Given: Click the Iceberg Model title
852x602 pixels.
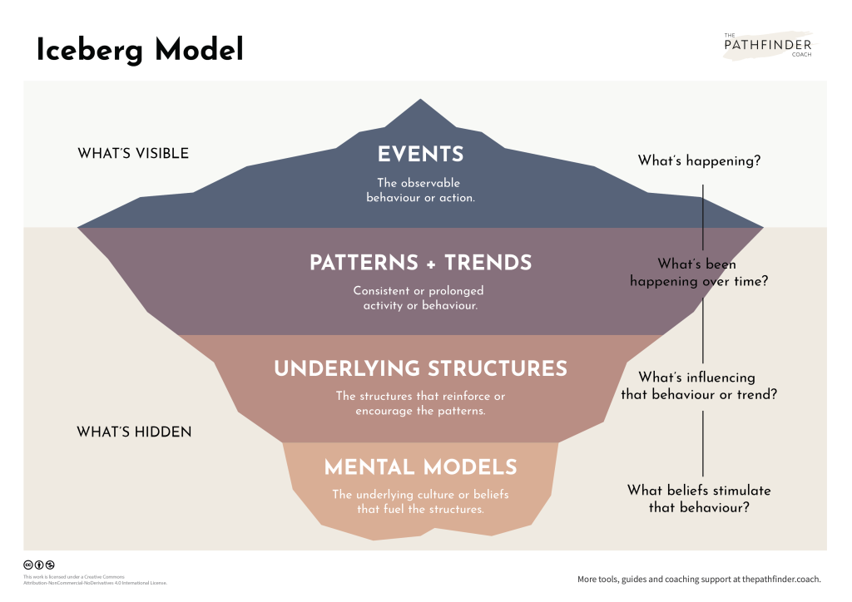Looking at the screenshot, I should pyautogui.click(x=140, y=51).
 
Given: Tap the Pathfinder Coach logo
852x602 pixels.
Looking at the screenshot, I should pyautogui.click(x=767, y=45).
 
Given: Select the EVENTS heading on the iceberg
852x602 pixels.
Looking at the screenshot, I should pyautogui.click(x=420, y=155).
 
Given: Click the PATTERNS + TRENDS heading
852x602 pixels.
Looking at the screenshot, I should pyautogui.click(x=420, y=263).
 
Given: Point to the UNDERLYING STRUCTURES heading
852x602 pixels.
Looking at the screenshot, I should pyautogui.click(x=420, y=368).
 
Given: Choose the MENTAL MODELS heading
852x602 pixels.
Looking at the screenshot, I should pyautogui.click(x=420, y=467).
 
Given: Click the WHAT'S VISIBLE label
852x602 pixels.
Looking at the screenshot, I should pyautogui.click(x=133, y=153).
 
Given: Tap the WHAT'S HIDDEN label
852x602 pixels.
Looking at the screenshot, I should pyautogui.click(x=134, y=432).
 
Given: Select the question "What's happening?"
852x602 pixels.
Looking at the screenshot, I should pyautogui.click(x=699, y=160).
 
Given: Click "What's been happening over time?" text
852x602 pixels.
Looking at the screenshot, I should pyautogui.click(x=699, y=273).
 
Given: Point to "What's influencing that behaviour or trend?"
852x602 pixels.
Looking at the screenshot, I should pyautogui.click(x=699, y=386).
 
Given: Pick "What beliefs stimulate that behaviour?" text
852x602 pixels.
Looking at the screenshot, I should pyautogui.click(x=699, y=498).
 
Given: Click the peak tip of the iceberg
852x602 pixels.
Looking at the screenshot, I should pyautogui.click(x=421, y=101).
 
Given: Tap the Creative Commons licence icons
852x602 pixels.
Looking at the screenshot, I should pyautogui.click(x=39, y=565).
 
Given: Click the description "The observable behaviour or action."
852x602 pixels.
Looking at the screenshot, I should pyautogui.click(x=420, y=190).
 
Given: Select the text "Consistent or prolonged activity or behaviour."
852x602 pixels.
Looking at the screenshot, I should pyautogui.click(x=419, y=299).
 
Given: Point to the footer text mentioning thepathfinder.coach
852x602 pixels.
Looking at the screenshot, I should pyautogui.click(x=699, y=579).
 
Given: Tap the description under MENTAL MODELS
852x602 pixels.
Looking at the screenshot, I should pyautogui.click(x=420, y=501).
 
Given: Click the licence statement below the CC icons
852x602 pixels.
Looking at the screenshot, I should pyautogui.click(x=95, y=580).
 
